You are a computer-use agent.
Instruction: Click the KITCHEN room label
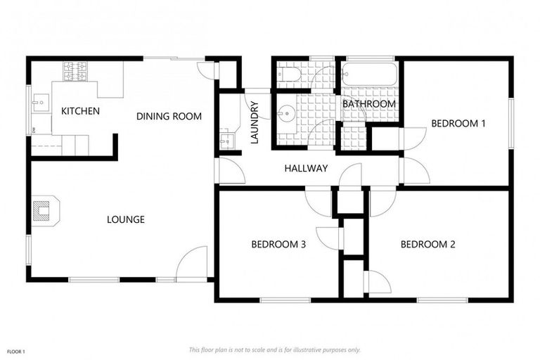pos(80,111)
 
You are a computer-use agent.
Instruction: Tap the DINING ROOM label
pos(169,116)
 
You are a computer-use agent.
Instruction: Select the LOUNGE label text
pos(126,219)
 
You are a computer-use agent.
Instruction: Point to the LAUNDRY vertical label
pos(255,124)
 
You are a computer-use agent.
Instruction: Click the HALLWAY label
pos(306,169)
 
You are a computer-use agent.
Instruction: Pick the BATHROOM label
pos(369,104)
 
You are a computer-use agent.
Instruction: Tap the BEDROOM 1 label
pos(458,123)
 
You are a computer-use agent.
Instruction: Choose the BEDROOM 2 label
pos(428,245)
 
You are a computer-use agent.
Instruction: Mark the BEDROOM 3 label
pos(278,245)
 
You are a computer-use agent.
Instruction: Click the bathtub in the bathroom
pos(370,73)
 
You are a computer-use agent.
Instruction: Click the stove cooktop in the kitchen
pos(75,70)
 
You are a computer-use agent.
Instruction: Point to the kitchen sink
pos(39,103)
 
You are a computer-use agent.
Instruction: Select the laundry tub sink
pos(226,140)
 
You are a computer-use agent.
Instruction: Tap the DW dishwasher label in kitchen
pos(34,129)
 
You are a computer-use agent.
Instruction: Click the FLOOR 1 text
pos(15,351)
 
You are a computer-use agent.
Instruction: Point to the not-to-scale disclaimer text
pos(274,349)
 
